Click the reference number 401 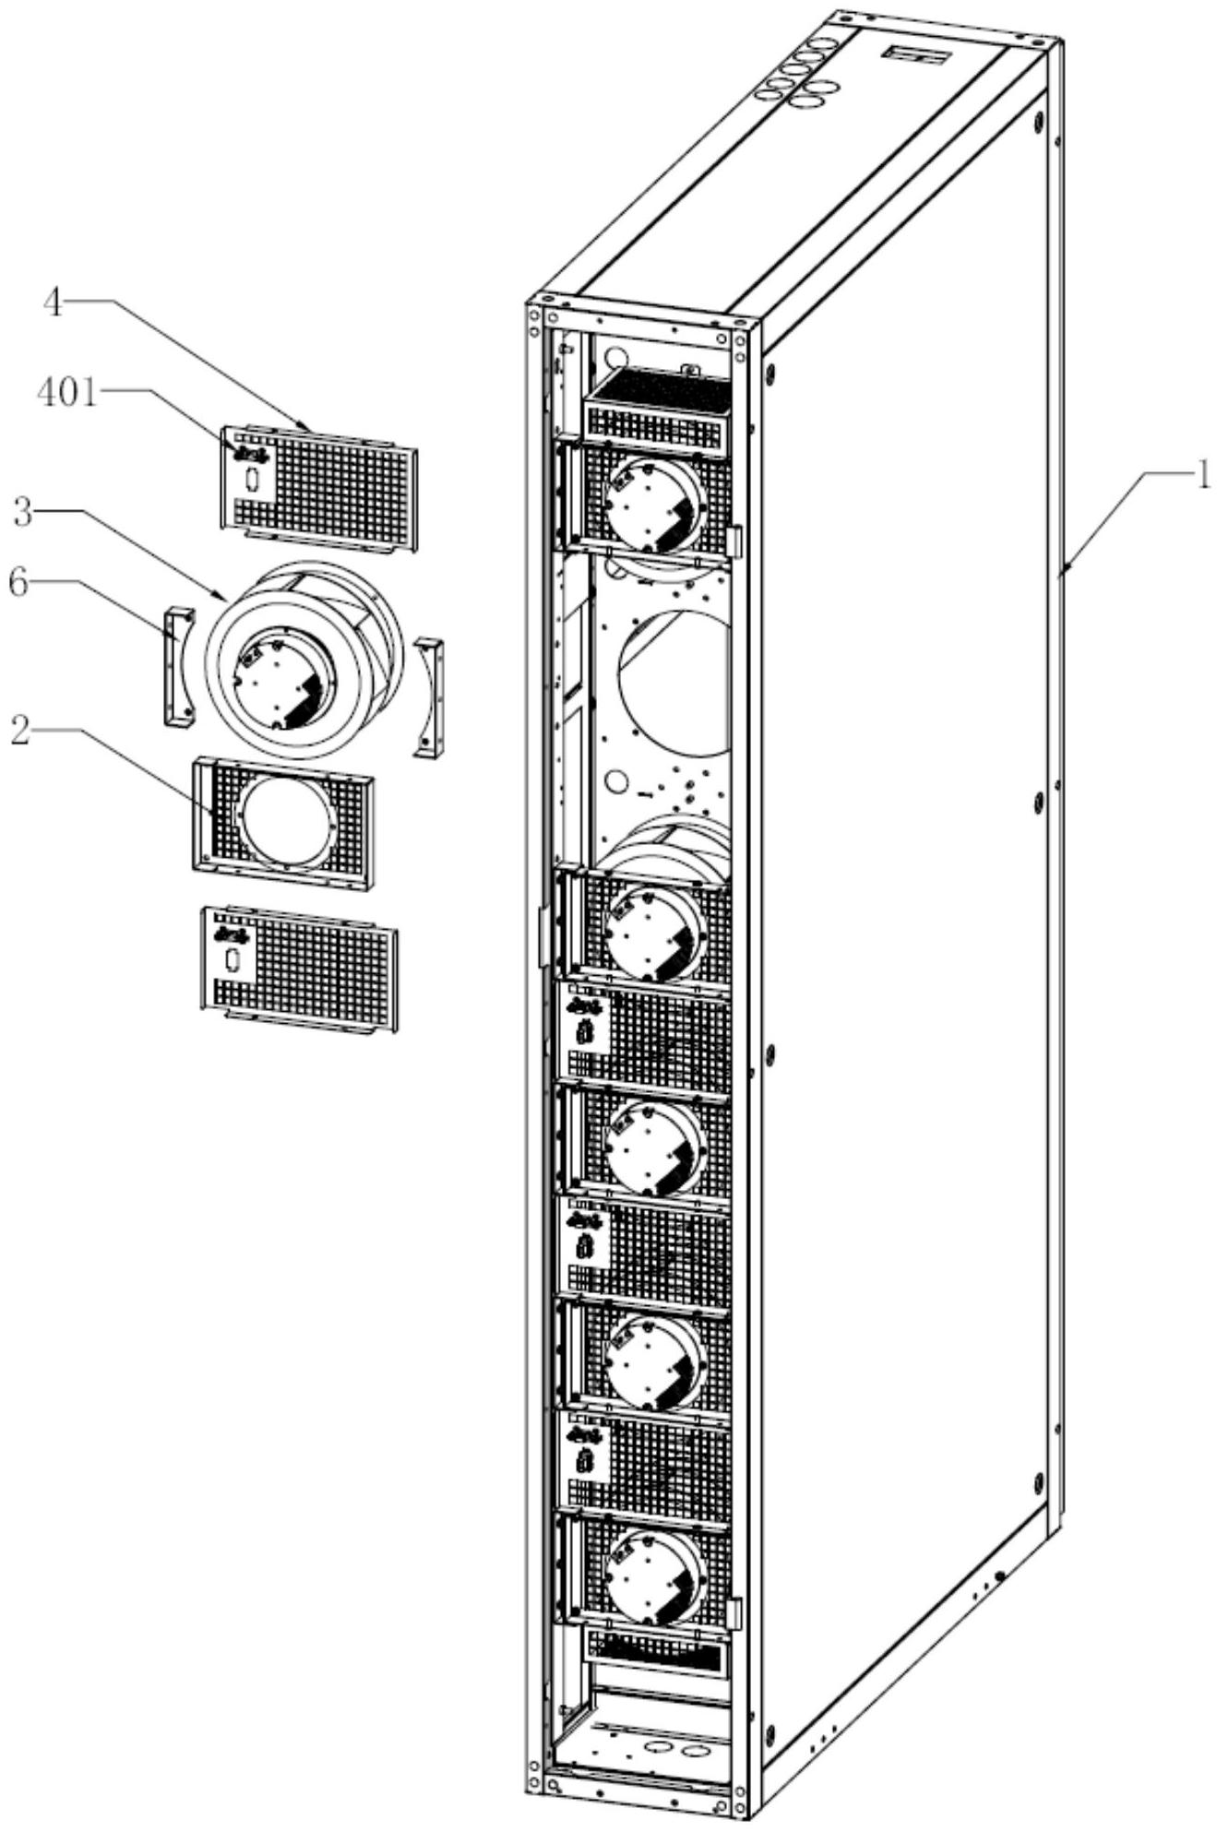click(x=66, y=393)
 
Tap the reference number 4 click(x=54, y=303)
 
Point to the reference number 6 click(x=19, y=586)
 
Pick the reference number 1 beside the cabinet click(x=1201, y=477)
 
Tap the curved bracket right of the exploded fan click(x=429, y=696)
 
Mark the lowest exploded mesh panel click(x=299, y=969)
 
